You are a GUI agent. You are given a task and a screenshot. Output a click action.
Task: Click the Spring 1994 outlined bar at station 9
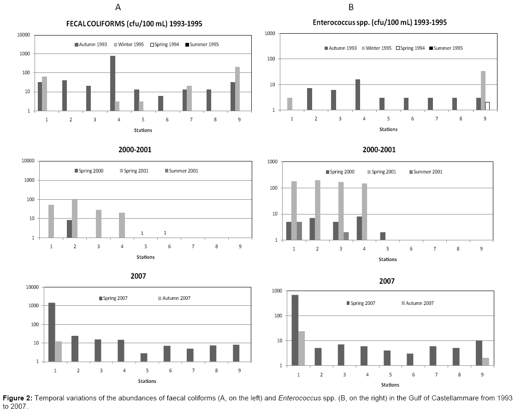click(487, 106)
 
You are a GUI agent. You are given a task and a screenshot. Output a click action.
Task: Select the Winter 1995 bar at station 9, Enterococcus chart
click(483, 90)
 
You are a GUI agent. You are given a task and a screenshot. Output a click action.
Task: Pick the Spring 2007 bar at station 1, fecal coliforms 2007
click(52, 332)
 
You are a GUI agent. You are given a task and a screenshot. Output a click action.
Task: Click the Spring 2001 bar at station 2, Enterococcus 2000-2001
click(318, 210)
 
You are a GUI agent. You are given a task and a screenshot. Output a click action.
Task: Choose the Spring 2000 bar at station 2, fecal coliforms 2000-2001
click(69, 228)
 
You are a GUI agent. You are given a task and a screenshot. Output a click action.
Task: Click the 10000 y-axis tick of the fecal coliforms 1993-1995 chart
click(24, 35)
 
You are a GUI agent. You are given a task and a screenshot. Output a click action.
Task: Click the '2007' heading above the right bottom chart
click(387, 281)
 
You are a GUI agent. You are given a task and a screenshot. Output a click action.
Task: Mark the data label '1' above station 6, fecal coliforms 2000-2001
click(165, 232)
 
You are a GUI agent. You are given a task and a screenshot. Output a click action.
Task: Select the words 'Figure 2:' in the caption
click(16, 398)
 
